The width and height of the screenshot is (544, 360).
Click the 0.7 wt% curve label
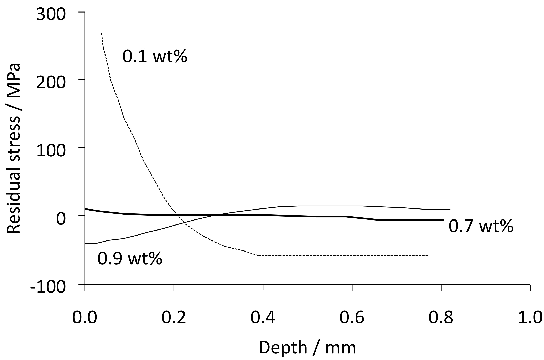480,226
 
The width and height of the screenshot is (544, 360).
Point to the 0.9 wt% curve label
130,258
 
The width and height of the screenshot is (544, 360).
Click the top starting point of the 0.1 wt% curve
102,33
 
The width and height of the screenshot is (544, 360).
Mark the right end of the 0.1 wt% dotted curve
428,255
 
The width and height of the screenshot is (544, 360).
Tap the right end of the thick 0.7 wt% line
442,220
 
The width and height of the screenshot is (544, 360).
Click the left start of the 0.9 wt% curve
86,243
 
